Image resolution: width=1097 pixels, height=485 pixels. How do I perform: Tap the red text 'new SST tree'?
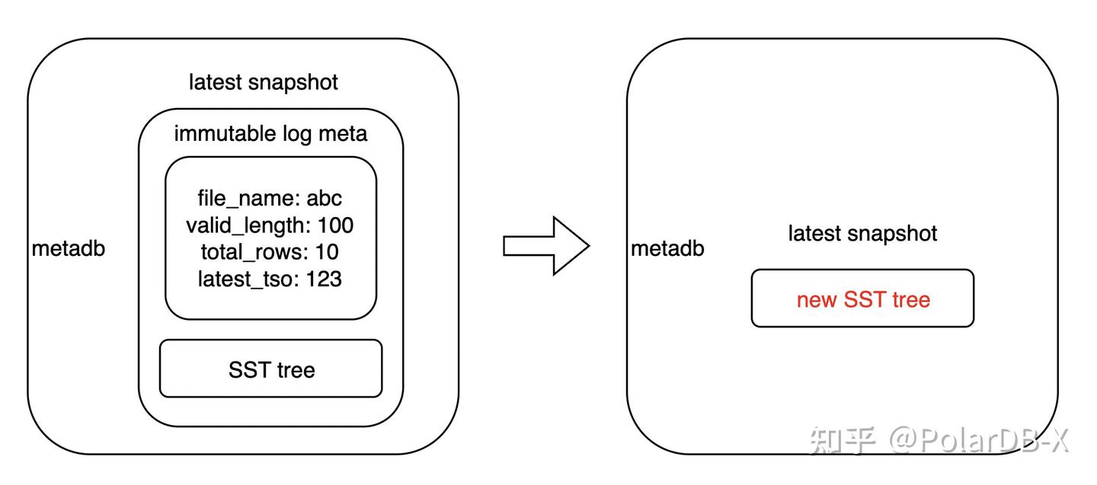tap(863, 299)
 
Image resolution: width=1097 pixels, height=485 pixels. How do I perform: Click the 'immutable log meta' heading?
tap(270, 134)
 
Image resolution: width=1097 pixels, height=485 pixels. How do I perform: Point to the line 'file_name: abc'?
tap(270, 199)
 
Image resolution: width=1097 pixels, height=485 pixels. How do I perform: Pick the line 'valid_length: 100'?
tap(270, 225)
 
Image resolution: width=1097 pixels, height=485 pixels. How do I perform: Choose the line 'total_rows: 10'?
tap(270, 252)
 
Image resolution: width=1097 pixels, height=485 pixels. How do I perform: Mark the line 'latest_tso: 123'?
tap(270, 279)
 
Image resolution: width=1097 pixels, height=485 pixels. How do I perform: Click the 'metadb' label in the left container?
tap(69, 248)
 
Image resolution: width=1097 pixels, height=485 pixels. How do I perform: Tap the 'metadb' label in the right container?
tap(667, 248)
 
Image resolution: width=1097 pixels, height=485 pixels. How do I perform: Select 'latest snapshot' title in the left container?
tap(264, 82)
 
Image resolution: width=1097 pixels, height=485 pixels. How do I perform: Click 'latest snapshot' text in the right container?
tap(862, 233)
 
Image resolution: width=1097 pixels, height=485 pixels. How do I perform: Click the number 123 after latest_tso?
tap(324, 279)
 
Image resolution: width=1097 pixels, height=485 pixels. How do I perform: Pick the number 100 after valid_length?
tap(334, 225)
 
